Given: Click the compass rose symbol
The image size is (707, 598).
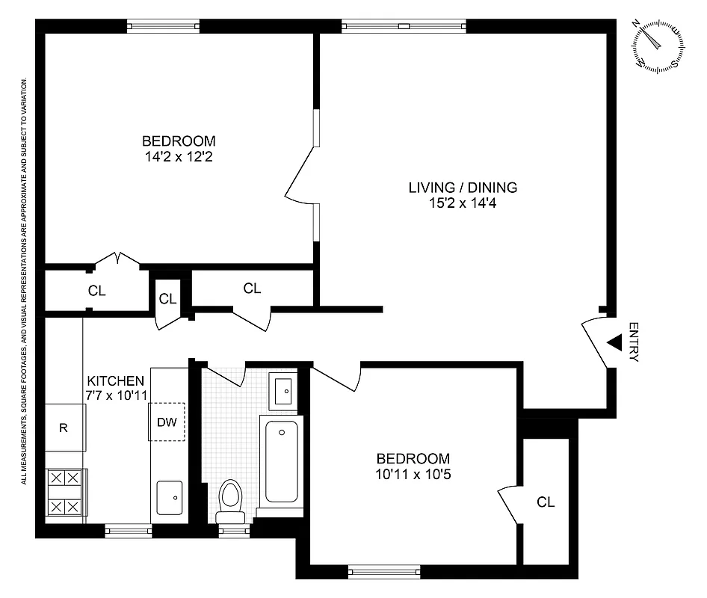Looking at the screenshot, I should pyautogui.click(x=658, y=45).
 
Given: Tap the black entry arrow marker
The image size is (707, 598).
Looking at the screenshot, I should pyautogui.click(x=614, y=342).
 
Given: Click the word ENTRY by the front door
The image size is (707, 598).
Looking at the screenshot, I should pyautogui.click(x=634, y=342).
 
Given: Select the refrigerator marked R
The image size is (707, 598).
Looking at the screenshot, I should pyautogui.click(x=64, y=428).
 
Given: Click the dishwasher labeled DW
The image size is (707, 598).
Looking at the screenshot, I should pyautogui.click(x=167, y=422).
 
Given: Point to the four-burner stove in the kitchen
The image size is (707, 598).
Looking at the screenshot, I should pyautogui.click(x=64, y=492).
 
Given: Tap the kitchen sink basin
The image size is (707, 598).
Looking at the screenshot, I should pyautogui.click(x=169, y=495).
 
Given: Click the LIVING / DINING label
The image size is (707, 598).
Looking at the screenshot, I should pyautogui.click(x=463, y=187).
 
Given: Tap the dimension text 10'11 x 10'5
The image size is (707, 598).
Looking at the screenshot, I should pyautogui.click(x=413, y=475).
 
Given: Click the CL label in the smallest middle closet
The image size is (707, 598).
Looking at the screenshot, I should pyautogui.click(x=167, y=299).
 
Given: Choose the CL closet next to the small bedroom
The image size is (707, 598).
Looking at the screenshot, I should pyautogui.click(x=546, y=502).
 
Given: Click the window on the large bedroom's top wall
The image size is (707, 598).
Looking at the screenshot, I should pyautogui.click(x=164, y=27).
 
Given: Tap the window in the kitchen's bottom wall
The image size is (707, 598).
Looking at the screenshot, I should pyautogui.click(x=129, y=531).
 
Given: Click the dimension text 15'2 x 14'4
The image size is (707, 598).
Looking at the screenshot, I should pyautogui.click(x=463, y=203).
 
